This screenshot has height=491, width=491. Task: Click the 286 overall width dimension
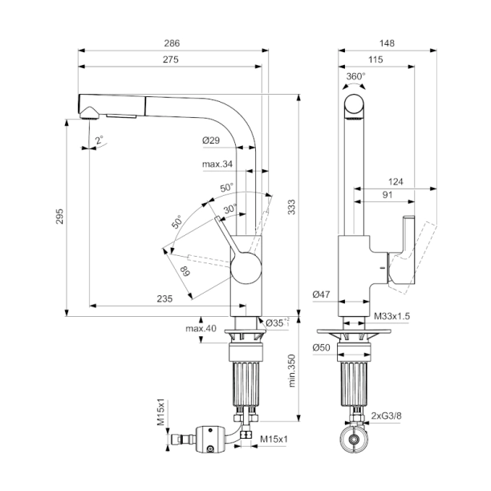pyautogui.click(x=172, y=43)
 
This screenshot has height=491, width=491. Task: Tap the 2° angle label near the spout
pyautogui.click(x=99, y=140)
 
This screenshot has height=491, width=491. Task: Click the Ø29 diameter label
pyautogui.click(x=211, y=141)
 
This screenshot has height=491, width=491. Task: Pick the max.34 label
pyautogui.click(x=217, y=165)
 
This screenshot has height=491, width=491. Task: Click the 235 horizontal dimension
pyautogui.click(x=164, y=298)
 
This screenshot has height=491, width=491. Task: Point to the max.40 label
pyautogui.click(x=200, y=329)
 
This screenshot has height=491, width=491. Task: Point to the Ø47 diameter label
pyautogui.click(x=323, y=295)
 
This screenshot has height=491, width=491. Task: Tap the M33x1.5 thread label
pyautogui.click(x=392, y=317)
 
